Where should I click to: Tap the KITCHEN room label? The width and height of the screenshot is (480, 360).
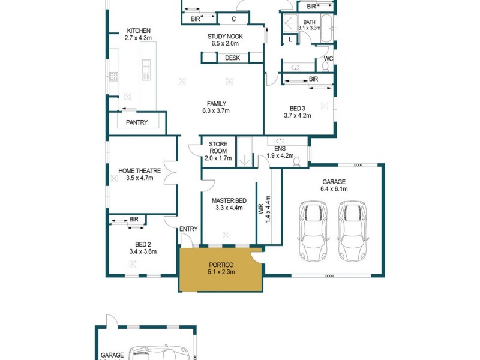(x=138, y=31)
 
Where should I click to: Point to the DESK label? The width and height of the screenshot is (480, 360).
(x=232, y=58)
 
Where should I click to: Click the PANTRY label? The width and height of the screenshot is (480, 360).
(x=137, y=122)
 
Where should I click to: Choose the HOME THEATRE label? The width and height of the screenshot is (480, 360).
(x=139, y=171)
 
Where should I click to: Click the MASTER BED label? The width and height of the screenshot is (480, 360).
(x=228, y=201)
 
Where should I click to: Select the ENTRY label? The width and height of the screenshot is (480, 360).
(x=188, y=229)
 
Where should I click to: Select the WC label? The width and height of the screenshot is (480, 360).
(x=328, y=59)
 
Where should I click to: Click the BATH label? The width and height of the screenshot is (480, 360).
(x=309, y=22)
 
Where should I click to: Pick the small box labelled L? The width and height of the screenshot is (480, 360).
(x=290, y=39)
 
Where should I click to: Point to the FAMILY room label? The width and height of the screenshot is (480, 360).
(x=216, y=103)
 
